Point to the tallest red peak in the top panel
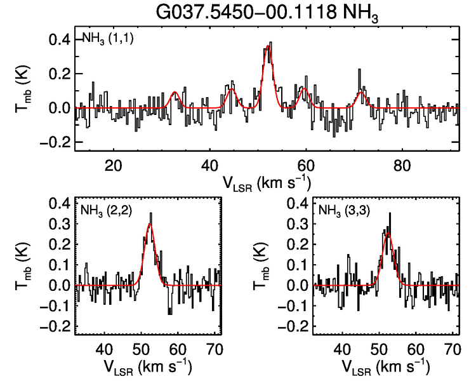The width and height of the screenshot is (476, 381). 268,46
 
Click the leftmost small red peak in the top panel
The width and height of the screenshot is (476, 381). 174,92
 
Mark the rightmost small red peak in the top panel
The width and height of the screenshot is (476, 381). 362,93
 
